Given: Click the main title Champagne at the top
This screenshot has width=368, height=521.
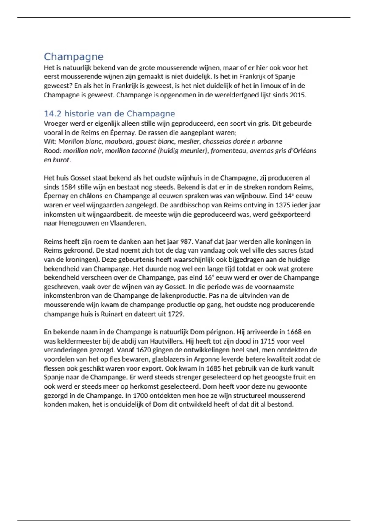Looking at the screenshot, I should click(x=74, y=57).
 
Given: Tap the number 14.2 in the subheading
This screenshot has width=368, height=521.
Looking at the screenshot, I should click(x=53, y=114).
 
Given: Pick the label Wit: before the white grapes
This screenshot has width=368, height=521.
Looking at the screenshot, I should click(x=50, y=142).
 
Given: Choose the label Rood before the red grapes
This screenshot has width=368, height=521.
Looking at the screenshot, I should click(x=52, y=151).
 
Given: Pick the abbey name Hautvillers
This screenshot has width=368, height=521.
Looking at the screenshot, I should click(x=165, y=341).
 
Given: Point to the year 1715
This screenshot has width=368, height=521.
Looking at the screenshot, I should click(x=267, y=341).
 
